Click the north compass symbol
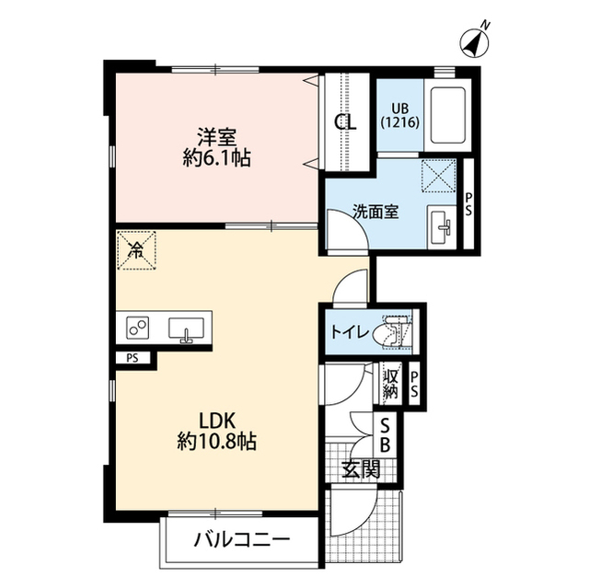(475, 41)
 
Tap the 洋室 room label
(217, 137)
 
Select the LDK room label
(217, 421)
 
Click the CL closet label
(346, 121)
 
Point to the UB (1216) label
(400, 116)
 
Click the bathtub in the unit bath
(448, 115)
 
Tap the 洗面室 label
(375, 213)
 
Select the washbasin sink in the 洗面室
(443, 227)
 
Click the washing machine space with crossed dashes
(439, 176)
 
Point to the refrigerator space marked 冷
(136, 250)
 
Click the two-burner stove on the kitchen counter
(137, 328)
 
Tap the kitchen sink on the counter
(186, 329)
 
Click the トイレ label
(350, 332)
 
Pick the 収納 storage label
(390, 384)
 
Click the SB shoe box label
(385, 435)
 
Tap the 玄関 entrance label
(361, 469)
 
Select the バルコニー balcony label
(242, 540)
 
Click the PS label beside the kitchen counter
(133, 358)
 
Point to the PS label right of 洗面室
(468, 204)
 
